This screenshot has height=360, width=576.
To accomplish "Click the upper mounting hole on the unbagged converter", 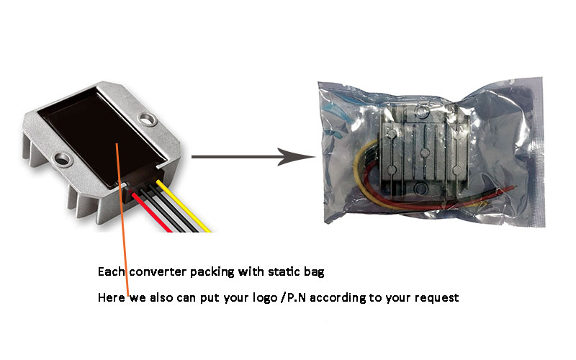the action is coord(148,119).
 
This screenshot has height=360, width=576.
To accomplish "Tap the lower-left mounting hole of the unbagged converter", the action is coord(62,159).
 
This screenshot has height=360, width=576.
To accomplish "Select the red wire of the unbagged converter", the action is coord(150,212).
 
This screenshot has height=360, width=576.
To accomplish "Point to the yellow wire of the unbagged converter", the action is coord(183,206).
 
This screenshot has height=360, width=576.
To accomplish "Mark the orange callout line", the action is coord(122,220).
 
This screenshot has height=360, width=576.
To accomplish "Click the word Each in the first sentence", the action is coord(111,272).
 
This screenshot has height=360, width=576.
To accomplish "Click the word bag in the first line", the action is coord(314,273).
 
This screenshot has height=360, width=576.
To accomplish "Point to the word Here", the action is coord(112,297).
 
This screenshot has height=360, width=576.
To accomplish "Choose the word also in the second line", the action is coord(161,297).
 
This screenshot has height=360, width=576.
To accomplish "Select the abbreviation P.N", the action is coord(296,297).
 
